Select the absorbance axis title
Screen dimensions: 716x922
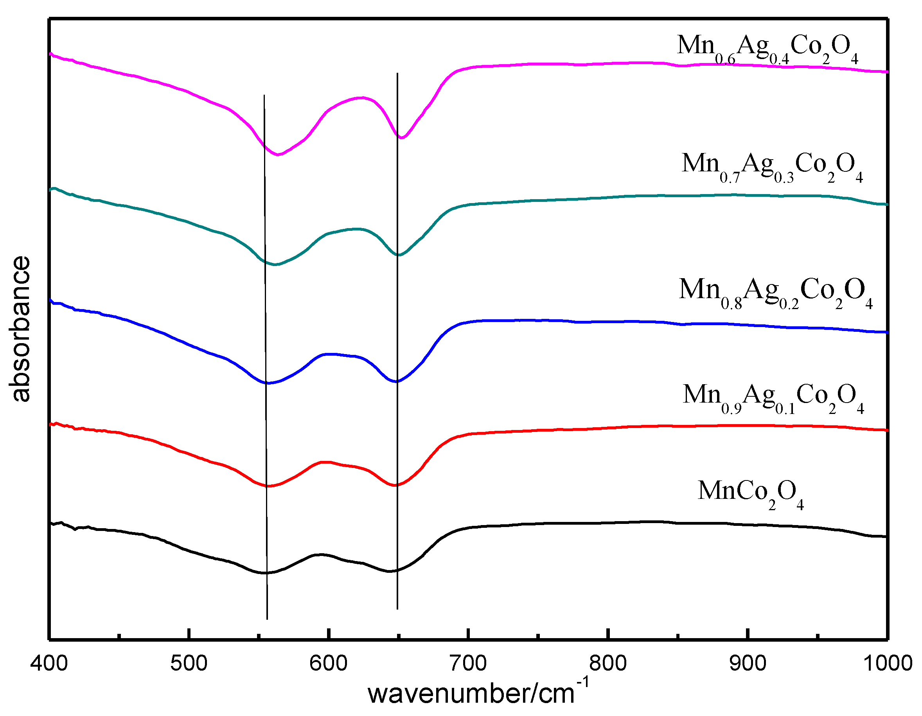[20, 329]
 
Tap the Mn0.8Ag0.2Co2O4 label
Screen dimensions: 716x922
[775, 292]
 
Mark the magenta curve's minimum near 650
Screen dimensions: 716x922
[401, 138]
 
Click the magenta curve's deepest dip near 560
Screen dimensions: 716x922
[278, 155]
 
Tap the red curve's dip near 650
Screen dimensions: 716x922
[395, 486]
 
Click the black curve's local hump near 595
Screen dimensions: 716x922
[321, 554]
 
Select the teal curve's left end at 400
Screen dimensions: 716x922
[51, 189]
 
